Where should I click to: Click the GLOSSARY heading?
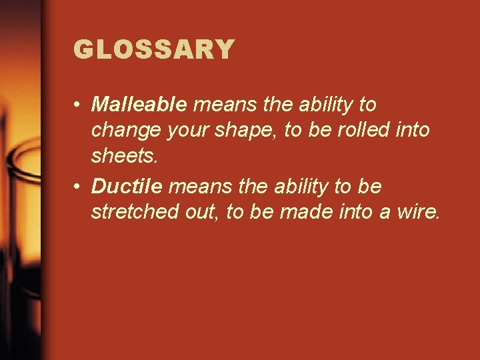[154, 49]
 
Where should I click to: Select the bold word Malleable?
[140, 105]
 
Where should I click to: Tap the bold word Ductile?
[127, 187]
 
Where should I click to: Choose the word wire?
[419, 213]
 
